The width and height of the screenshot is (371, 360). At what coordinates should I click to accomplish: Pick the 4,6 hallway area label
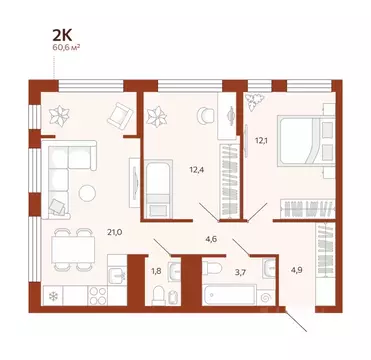point(212,237)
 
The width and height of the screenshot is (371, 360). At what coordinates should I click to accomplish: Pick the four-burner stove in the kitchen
point(99,296)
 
